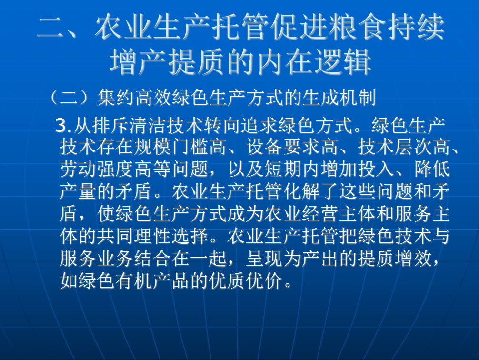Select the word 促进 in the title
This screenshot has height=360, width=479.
pyautogui.click(x=299, y=27)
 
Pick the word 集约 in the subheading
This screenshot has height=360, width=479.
pyautogui.click(x=116, y=98)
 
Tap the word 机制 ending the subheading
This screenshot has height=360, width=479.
pyautogui.click(x=357, y=98)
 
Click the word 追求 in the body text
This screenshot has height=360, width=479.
pyautogui.click(x=259, y=126)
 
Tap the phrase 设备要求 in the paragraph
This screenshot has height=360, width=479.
pyautogui.click(x=283, y=147)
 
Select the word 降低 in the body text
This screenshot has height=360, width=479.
pyautogui.click(x=432, y=169)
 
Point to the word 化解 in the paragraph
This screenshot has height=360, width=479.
pyautogui.click(x=302, y=191)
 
